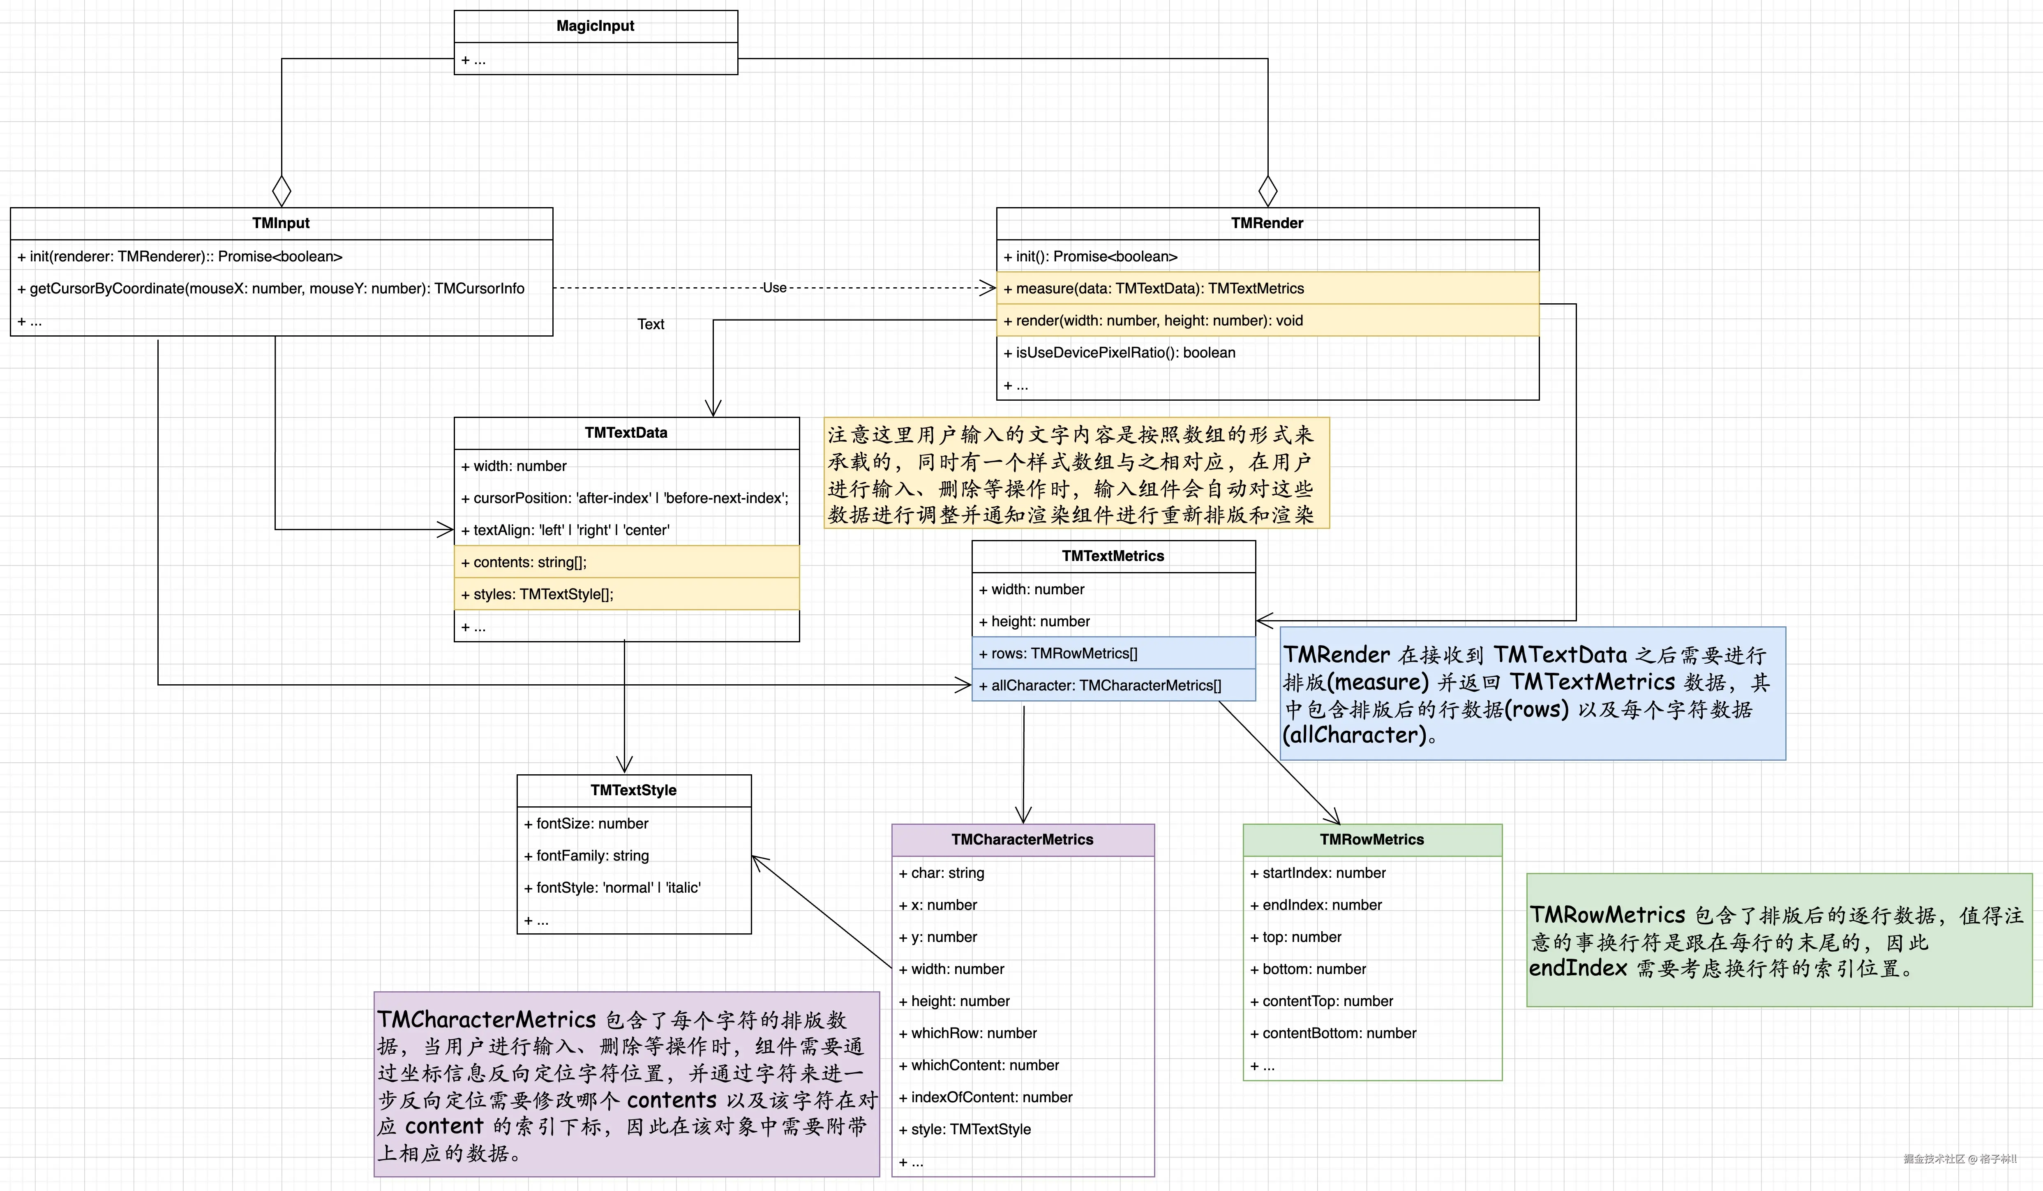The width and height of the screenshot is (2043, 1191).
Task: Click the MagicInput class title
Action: (595, 26)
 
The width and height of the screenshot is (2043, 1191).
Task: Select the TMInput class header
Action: (281, 223)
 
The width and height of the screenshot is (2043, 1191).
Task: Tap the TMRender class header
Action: (1266, 223)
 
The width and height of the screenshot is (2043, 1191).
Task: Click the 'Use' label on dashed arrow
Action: (774, 288)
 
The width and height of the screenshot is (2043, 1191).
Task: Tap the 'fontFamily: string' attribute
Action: (593, 855)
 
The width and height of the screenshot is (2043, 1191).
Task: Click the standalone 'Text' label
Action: (650, 324)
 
